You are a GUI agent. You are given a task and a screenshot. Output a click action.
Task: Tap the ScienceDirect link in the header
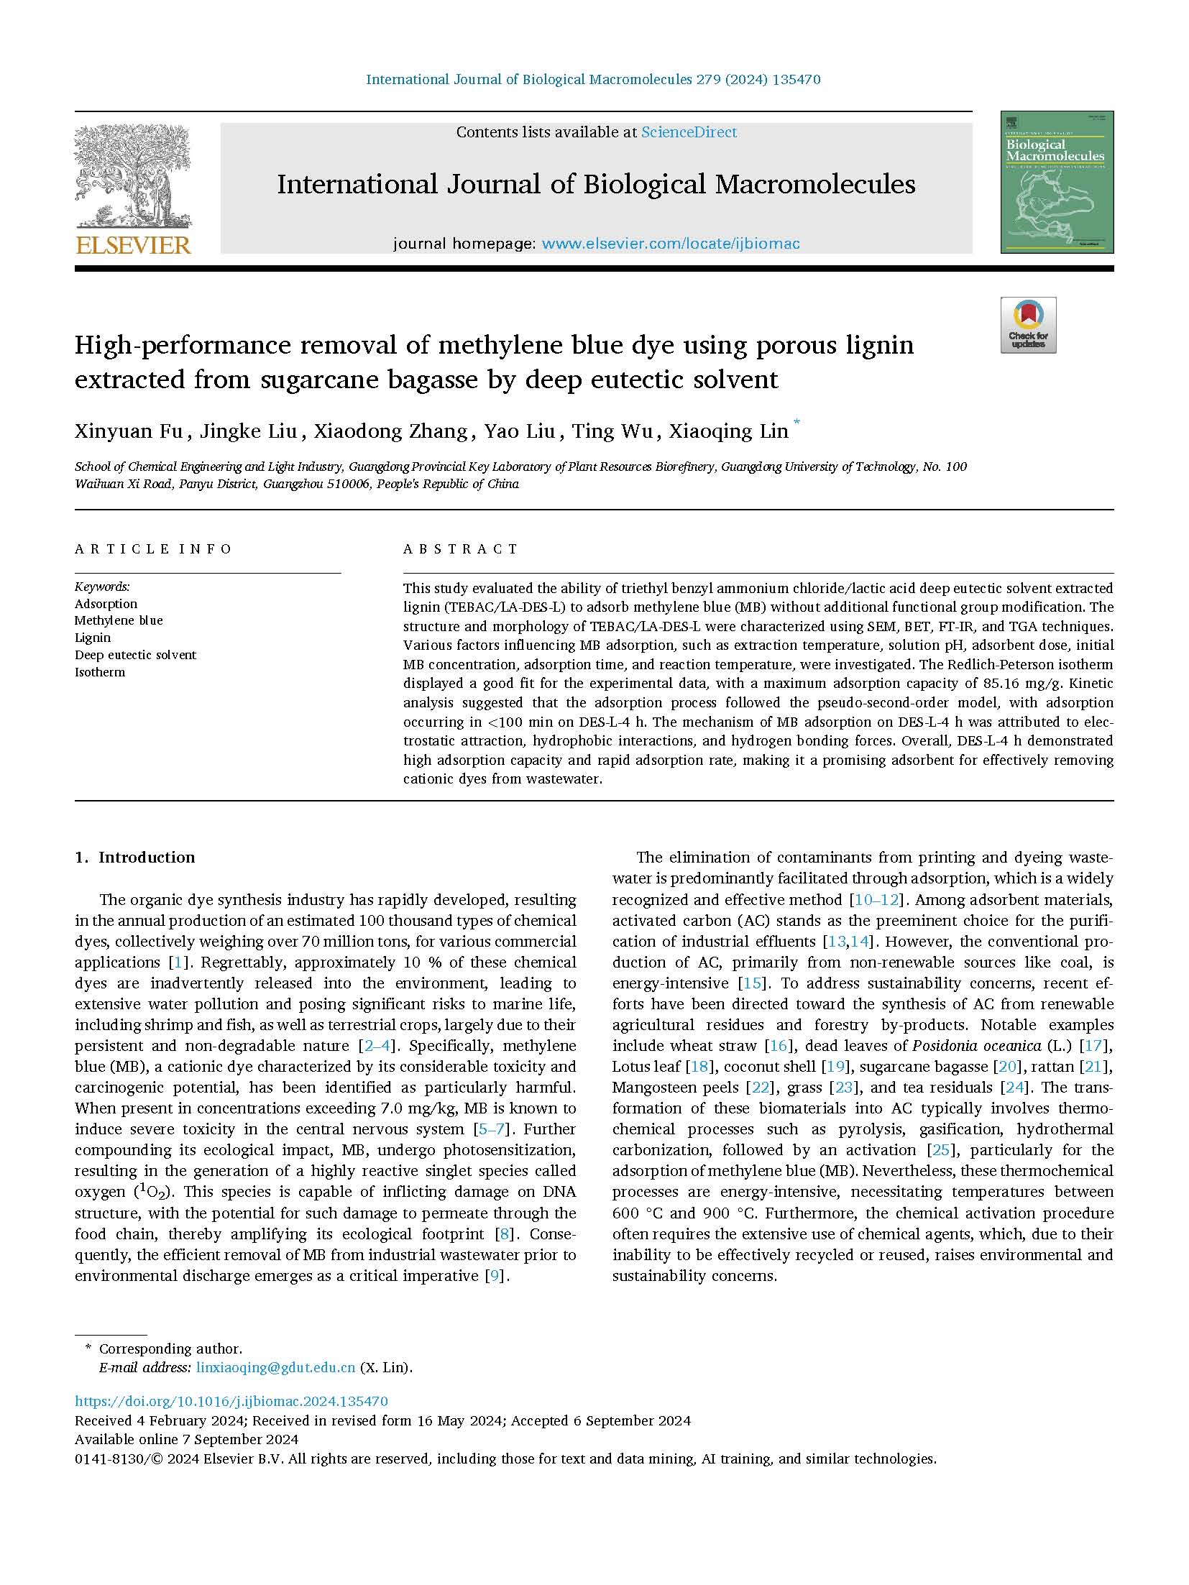click(689, 132)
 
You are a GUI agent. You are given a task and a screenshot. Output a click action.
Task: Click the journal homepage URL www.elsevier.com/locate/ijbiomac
click(670, 244)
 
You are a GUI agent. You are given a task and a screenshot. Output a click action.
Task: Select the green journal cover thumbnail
click(1056, 182)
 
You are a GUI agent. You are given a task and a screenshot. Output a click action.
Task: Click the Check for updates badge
click(1028, 326)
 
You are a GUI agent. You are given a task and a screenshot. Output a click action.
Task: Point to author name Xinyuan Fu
click(114, 431)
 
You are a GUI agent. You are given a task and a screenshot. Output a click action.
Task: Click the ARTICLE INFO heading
click(153, 549)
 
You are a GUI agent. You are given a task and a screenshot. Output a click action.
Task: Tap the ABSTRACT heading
click(460, 549)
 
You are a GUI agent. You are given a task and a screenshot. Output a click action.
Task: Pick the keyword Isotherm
click(100, 672)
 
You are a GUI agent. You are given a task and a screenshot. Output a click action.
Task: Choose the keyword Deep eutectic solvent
click(135, 655)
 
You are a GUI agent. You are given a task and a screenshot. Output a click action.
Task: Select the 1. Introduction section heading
click(135, 857)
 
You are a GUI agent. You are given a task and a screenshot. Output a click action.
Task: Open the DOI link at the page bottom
click(231, 1401)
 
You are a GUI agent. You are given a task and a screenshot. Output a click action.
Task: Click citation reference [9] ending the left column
click(497, 1276)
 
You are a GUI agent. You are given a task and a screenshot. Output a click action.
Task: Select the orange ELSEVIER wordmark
click(134, 245)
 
